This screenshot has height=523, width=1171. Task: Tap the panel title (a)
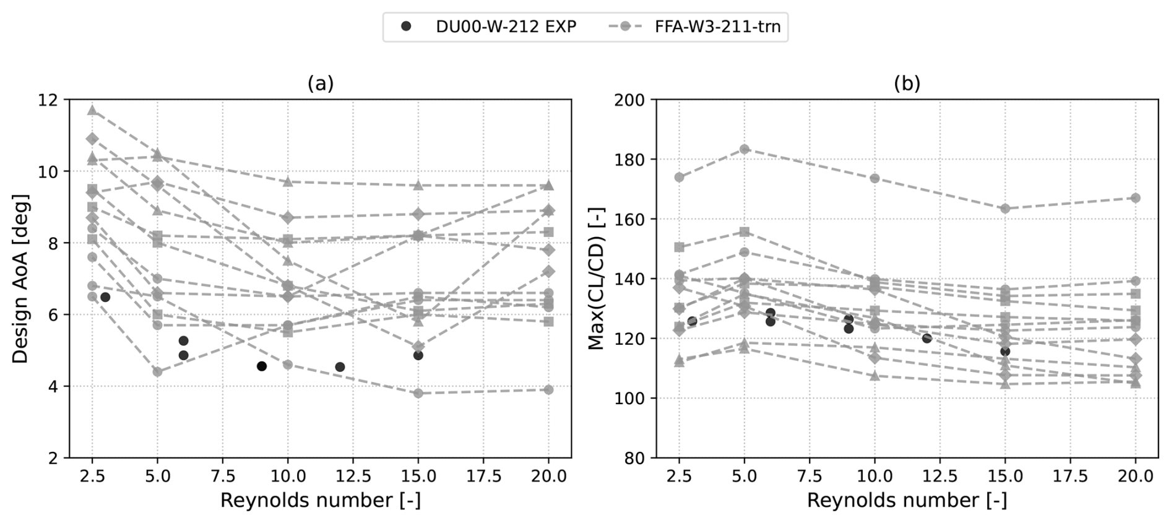coord(320,84)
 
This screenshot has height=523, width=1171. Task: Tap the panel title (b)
coord(907,84)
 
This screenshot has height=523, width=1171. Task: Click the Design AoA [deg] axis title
coord(20,279)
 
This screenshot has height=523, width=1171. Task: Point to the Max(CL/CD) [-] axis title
coord(596,279)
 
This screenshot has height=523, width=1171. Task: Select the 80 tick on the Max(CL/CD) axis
coord(632,458)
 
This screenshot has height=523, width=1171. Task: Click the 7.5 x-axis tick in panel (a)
coord(223,476)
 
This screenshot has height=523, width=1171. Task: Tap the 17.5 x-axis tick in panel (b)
coord(1069,476)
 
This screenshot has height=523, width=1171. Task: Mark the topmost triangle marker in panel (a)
coord(92,110)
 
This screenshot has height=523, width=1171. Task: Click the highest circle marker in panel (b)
coord(744,149)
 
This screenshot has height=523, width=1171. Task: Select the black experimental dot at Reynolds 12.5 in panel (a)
coord(340,367)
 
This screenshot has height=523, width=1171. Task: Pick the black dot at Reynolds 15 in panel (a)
coord(418,355)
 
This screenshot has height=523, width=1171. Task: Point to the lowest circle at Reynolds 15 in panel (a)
coord(418,393)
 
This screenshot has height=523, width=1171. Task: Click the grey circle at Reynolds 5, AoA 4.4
coord(157,372)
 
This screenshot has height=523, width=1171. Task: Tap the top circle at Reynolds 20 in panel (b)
coord(1135,198)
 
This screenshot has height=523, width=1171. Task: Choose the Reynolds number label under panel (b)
coord(907,500)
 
